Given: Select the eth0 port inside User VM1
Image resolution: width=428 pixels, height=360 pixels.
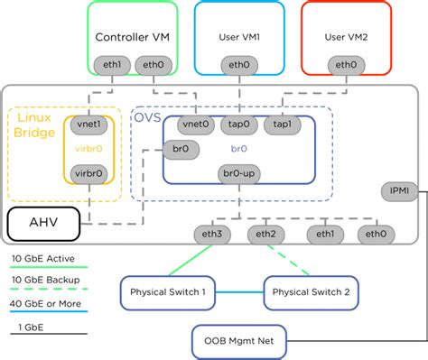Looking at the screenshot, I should pos(238,64).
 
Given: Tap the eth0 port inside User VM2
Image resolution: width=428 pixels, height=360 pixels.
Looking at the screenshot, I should pos(346,64).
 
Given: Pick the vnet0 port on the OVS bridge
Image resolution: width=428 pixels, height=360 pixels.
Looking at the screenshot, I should pos(195,125).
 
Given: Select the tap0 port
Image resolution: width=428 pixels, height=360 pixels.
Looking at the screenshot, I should pos(240,125).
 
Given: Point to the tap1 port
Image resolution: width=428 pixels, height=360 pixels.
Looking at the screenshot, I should pos(282,125).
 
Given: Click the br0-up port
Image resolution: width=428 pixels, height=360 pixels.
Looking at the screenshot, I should pos(238,173).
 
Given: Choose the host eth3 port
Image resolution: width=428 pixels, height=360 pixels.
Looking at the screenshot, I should pos(212,235).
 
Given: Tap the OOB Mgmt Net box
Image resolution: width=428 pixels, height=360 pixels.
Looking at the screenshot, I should pos(238,342).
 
